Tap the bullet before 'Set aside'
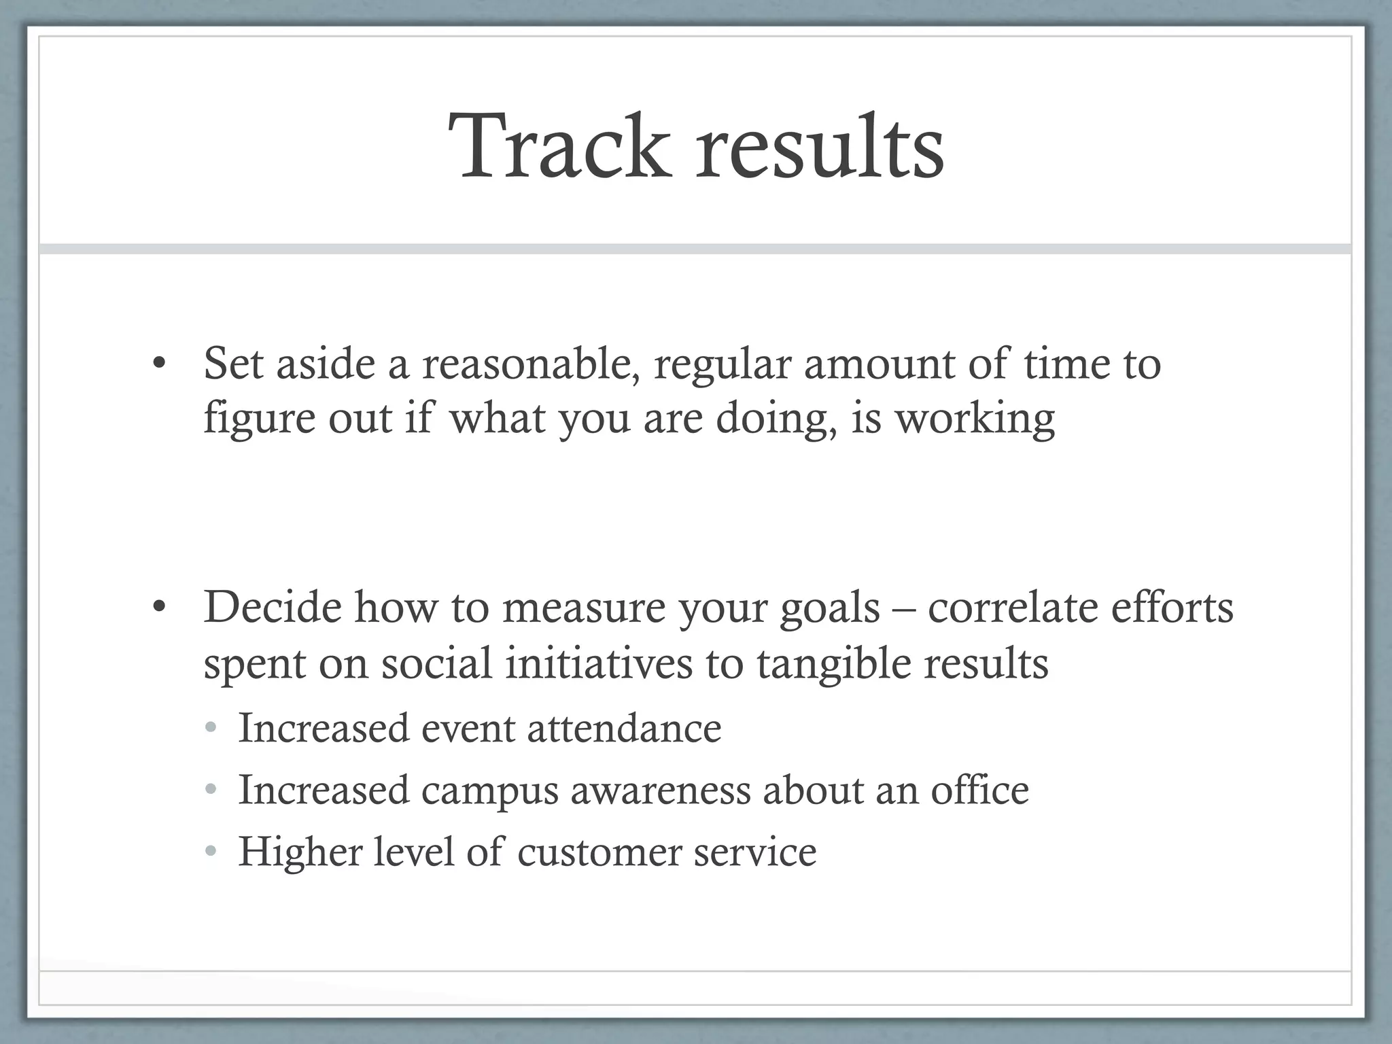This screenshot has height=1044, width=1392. pyautogui.click(x=158, y=364)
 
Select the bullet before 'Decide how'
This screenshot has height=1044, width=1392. pyautogui.click(x=158, y=607)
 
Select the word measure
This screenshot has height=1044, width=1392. pyautogui.click(x=585, y=607)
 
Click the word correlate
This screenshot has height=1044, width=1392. pyautogui.click(x=1012, y=607)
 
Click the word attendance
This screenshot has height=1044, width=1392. pyautogui.click(x=624, y=728)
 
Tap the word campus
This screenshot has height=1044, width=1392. pyautogui.click(x=489, y=790)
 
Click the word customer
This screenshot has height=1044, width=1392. pyautogui.click(x=599, y=852)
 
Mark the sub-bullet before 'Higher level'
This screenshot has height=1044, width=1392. pyautogui.click(x=211, y=852)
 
